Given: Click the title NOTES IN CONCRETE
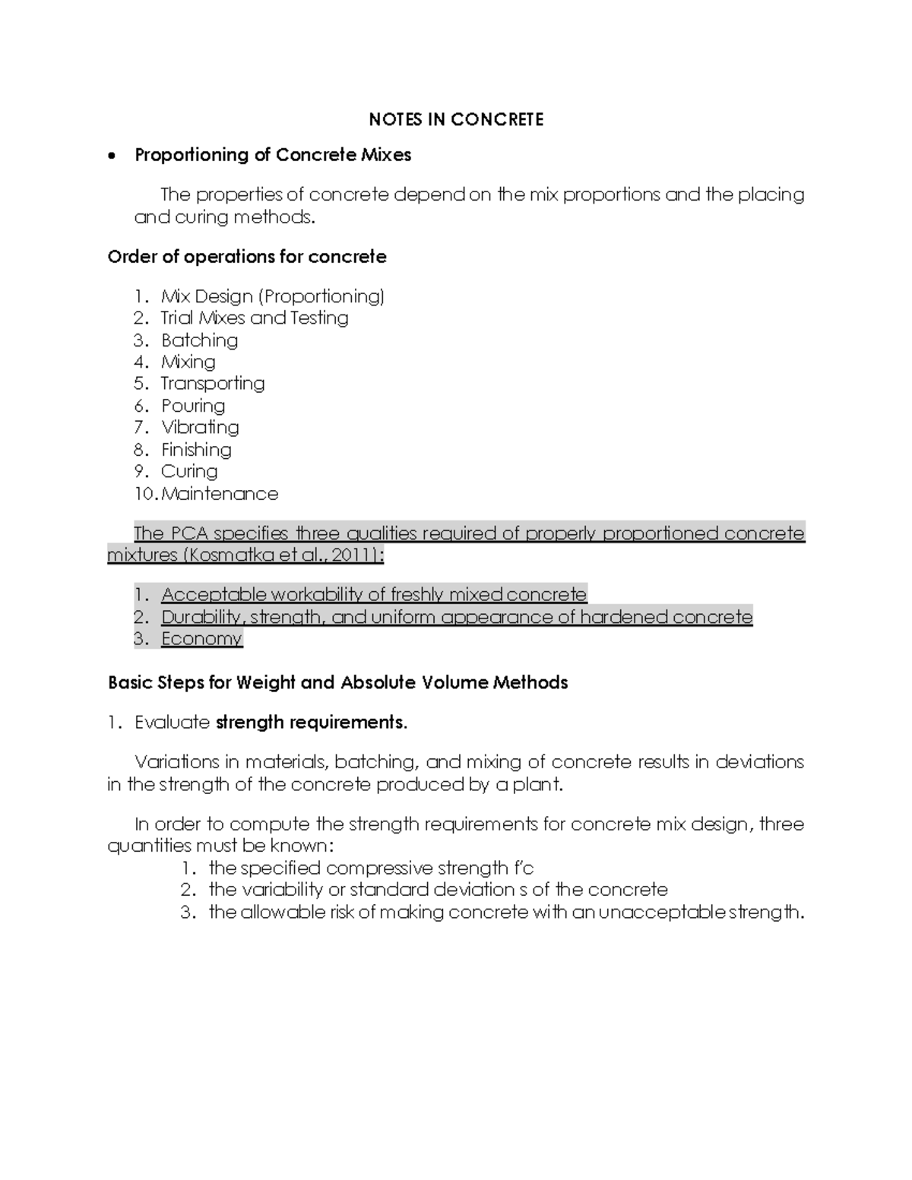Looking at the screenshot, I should click(x=456, y=119).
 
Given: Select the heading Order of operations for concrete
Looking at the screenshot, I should click(x=247, y=257).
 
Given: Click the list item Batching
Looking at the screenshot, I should click(x=199, y=340).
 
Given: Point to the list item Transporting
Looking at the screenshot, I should click(x=213, y=383).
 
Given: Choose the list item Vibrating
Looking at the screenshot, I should click(x=200, y=427).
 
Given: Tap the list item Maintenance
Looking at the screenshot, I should click(x=220, y=494).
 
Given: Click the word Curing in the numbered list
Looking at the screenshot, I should click(x=189, y=471).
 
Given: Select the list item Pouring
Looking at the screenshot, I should click(x=193, y=406).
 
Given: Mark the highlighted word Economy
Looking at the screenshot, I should click(x=201, y=638).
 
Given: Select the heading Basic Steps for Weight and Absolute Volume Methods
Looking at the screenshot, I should click(x=338, y=682).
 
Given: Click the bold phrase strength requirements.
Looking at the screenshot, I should click(x=312, y=722).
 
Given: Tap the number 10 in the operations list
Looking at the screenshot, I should click(x=144, y=494).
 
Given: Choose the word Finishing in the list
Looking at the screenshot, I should click(x=196, y=450).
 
